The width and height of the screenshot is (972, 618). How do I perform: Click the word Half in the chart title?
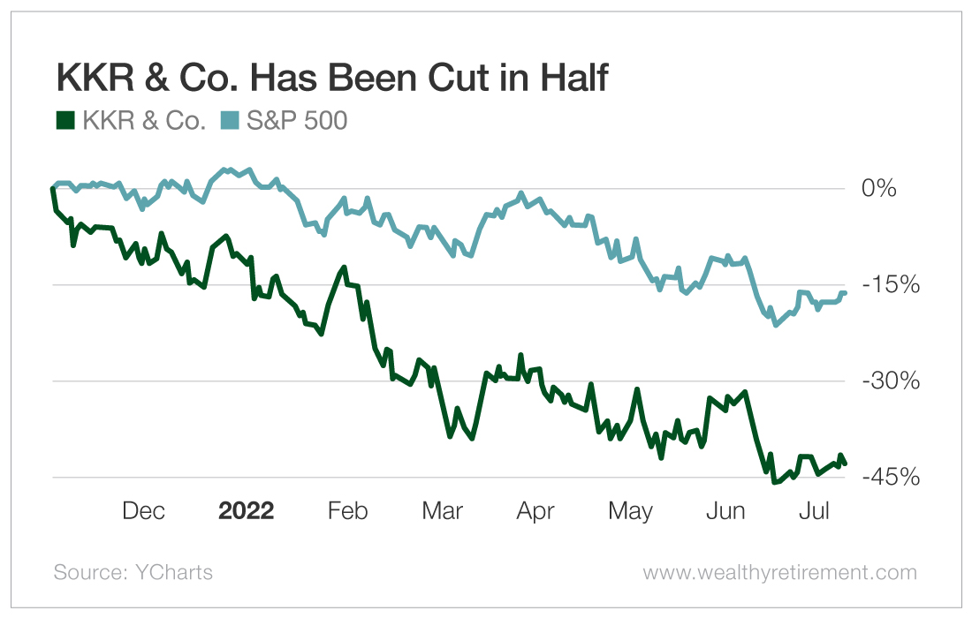[567, 79]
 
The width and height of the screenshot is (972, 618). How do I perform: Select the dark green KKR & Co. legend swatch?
[64, 121]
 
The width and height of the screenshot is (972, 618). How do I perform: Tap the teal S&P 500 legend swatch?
[230, 121]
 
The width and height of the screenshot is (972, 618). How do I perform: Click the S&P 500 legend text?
[296, 121]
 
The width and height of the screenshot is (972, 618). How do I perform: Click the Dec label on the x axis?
[143, 511]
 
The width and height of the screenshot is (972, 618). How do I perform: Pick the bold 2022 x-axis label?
[247, 511]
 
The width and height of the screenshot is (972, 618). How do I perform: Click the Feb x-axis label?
[347, 511]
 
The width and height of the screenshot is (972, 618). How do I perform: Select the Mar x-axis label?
[442, 511]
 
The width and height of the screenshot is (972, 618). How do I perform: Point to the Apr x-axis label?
[535, 511]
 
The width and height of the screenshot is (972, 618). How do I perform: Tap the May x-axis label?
[631, 511]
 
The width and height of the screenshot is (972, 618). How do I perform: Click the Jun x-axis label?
[726, 511]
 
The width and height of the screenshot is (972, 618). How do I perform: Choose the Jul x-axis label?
[814, 511]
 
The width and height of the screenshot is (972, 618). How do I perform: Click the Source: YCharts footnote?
[133, 572]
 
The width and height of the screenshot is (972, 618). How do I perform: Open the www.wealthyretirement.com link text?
[779, 572]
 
